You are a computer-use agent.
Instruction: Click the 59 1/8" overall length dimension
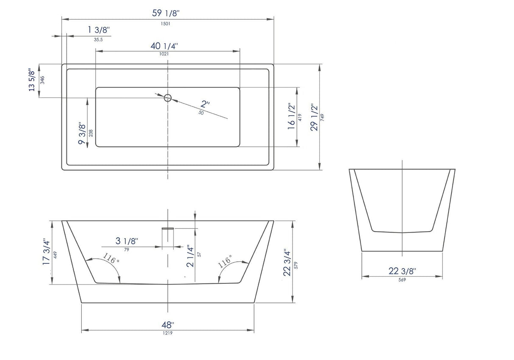[x=166, y=13]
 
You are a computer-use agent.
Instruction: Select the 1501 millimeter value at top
[x=166, y=24]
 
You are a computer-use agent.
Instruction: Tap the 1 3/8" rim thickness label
[x=99, y=30]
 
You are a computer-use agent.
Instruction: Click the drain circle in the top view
[x=168, y=98]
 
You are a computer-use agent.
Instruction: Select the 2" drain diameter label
[x=205, y=104]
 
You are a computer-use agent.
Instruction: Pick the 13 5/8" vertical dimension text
[x=31, y=80]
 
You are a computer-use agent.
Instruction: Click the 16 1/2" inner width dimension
[x=291, y=117]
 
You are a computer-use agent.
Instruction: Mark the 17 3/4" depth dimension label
[x=46, y=253]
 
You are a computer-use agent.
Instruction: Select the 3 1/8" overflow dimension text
[x=127, y=241]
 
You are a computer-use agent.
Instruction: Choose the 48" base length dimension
[x=168, y=325]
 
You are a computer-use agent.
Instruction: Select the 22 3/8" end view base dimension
[x=402, y=271]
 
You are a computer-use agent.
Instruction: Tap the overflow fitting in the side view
[x=168, y=229]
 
